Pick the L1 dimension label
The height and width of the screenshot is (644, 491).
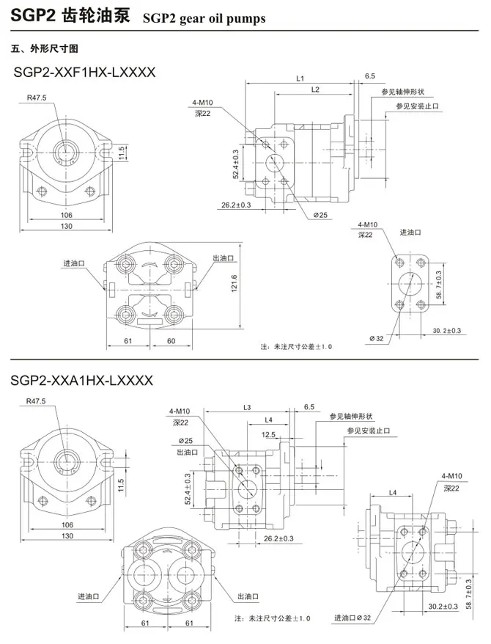point(300,77)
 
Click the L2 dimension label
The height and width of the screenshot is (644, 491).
point(315,89)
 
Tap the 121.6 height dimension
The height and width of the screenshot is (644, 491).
point(235,282)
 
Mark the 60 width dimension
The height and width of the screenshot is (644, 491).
point(171,341)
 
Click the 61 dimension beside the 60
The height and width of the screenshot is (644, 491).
point(127,341)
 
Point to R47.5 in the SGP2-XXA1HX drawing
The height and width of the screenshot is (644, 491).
point(36,400)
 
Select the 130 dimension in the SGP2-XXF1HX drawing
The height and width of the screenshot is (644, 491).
point(67,226)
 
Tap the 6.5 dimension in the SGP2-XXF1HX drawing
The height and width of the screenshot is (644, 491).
point(369,76)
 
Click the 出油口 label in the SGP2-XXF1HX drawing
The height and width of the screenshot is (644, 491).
point(223,258)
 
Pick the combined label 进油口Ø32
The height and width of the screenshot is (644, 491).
point(357,617)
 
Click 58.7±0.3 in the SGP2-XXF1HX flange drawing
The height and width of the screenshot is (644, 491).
point(439,285)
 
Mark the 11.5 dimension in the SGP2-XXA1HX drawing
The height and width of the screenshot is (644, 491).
point(120,484)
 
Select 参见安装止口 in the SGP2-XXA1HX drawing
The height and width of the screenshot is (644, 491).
point(370,431)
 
